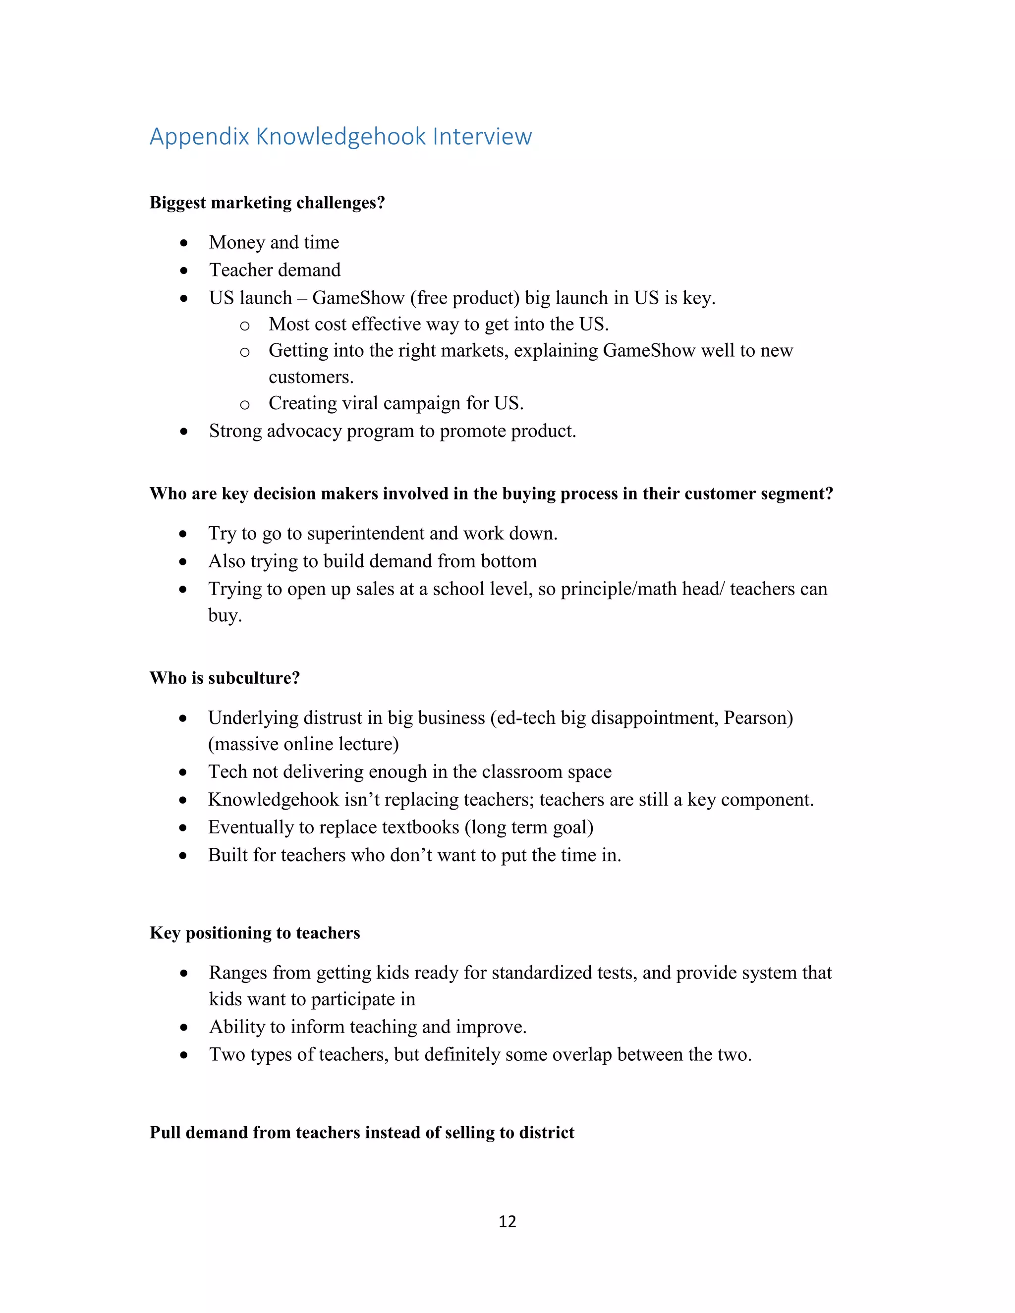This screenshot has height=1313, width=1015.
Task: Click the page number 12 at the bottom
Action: pos(507,1221)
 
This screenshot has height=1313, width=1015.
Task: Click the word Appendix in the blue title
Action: pos(199,137)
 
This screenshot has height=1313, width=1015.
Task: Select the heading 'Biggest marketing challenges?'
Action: pos(267,203)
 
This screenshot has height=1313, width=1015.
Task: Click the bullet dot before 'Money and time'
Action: pos(184,243)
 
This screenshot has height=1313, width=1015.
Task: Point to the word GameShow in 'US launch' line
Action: pos(358,298)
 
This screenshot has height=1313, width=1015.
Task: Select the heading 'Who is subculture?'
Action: pos(225,678)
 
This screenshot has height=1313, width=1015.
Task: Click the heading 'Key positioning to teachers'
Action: pos(254,933)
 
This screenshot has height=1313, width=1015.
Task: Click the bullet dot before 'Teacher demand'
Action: pos(184,271)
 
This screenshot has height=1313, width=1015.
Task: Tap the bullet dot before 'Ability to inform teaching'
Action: pos(184,1028)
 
